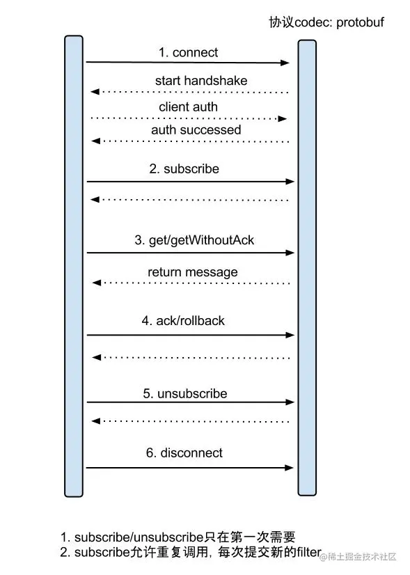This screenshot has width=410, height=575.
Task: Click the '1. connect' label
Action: point(188,52)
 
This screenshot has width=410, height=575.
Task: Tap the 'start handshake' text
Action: point(201,81)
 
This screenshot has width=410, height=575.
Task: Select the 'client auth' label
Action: point(188,107)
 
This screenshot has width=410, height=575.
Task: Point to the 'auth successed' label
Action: point(196,129)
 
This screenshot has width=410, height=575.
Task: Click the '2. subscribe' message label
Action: point(184,168)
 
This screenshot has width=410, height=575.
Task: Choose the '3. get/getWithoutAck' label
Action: point(194,240)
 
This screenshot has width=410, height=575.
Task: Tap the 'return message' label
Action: point(193,272)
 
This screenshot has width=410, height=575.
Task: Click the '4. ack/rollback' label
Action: point(183,321)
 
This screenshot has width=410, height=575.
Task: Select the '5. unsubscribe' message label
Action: point(185,394)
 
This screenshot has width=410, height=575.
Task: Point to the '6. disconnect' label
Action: point(184,453)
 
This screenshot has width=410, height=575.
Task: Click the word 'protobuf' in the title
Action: point(360,23)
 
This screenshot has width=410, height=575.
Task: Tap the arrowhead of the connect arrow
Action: point(285,63)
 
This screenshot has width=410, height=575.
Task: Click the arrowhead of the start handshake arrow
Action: point(95,91)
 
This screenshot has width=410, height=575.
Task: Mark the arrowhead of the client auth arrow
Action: point(282,118)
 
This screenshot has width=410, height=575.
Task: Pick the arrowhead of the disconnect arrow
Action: point(290,468)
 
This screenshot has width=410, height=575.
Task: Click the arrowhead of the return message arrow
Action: point(97,283)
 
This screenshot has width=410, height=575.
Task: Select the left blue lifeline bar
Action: point(74,266)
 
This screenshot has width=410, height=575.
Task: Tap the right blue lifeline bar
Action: point(307,268)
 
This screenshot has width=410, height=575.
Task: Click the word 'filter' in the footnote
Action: point(309,551)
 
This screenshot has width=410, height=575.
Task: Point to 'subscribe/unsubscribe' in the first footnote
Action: point(139,537)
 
